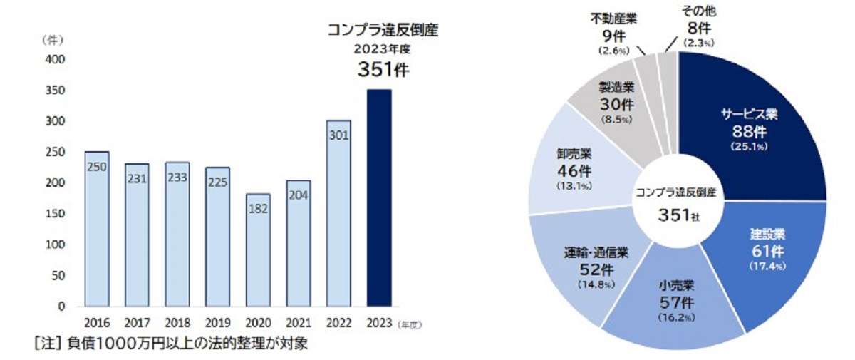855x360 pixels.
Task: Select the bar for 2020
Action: point(258,250)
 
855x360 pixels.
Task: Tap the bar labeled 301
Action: point(338,214)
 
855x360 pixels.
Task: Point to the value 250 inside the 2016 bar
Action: point(97,165)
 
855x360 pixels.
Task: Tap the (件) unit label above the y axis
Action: point(52,41)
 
